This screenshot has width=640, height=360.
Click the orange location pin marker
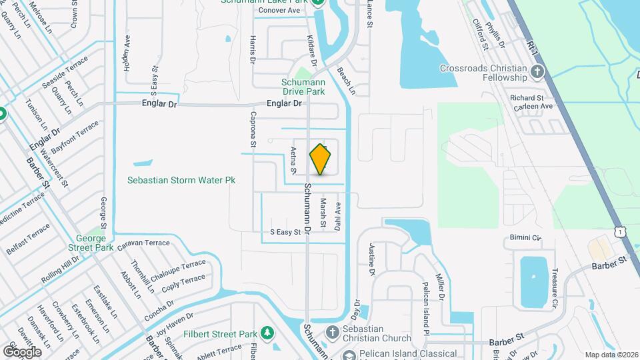click(321, 159)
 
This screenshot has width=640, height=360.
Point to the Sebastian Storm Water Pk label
click(182, 180)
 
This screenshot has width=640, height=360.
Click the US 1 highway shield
click(621, 231)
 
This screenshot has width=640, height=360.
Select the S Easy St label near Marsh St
click(285, 232)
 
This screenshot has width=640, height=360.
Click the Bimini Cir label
click(526, 237)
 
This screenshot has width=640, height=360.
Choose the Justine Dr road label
click(372, 259)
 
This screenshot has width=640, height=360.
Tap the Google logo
click(22, 351)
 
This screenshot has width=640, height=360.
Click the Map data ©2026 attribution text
click(611, 355)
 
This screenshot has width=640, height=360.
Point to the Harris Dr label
click(253, 49)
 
